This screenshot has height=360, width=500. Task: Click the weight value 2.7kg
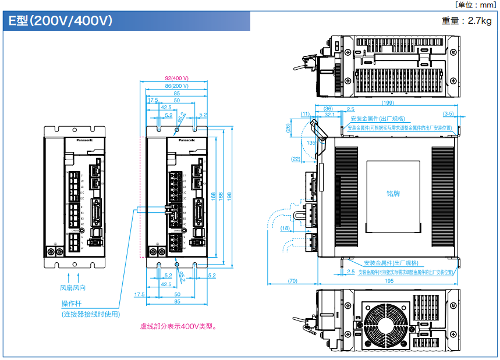tap(467, 21)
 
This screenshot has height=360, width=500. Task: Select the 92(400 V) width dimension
tap(176, 78)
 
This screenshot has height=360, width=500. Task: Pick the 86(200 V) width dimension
tap(176, 85)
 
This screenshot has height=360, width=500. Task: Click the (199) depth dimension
tap(386, 103)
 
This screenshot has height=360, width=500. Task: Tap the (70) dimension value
tap(292, 281)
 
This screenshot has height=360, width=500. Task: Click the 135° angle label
tap(313, 142)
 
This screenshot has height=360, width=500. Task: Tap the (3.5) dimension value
tap(448, 113)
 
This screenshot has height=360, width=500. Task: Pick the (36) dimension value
tap(328, 109)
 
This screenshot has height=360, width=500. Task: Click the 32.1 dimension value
tap(329, 115)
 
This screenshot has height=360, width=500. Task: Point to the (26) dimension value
tap(288, 128)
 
